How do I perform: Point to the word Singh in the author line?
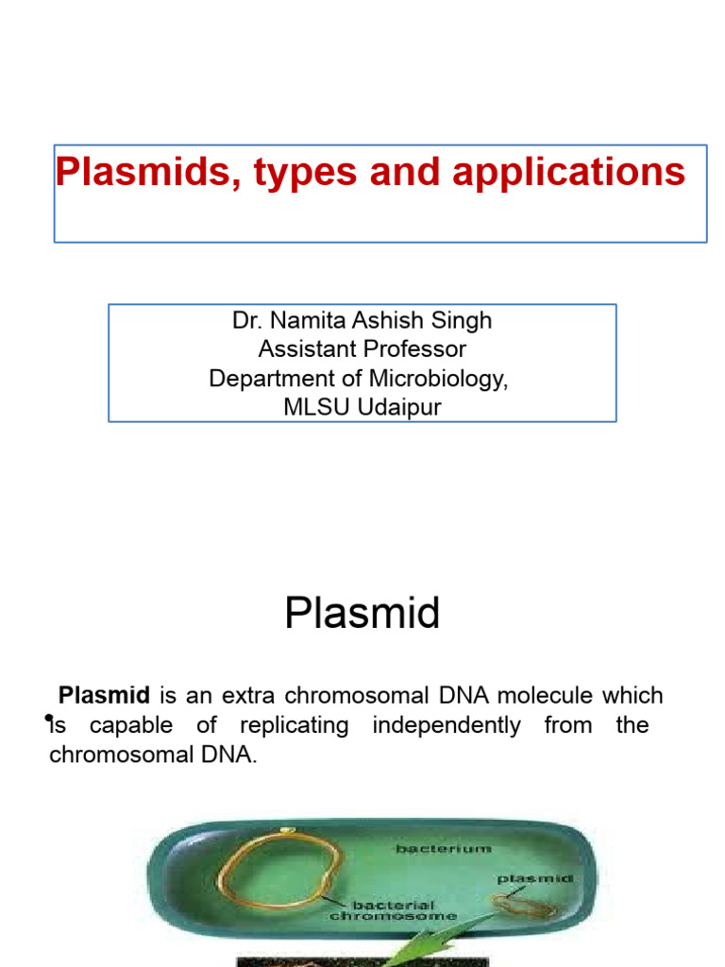[x=462, y=320]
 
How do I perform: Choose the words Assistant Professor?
[x=362, y=349]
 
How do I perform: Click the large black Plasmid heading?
[x=362, y=614]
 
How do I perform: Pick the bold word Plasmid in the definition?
[x=105, y=696]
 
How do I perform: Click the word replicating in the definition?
[x=294, y=725]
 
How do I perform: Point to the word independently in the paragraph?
[x=447, y=725]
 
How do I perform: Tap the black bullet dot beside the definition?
[x=48, y=720]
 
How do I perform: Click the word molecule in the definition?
[x=548, y=696]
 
